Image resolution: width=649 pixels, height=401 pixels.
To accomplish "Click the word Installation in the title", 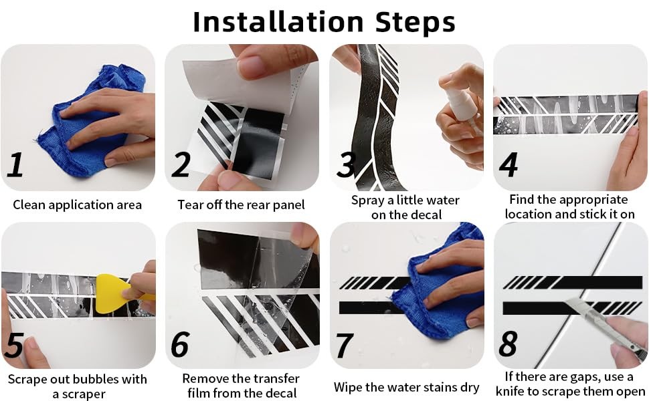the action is (278, 22).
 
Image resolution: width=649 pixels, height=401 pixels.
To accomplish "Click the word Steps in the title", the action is (415, 23).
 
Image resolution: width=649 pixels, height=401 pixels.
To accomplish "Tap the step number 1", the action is (15, 164).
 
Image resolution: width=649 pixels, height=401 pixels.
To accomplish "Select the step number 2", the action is (181, 164).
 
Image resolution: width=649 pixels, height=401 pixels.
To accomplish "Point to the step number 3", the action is (346, 164).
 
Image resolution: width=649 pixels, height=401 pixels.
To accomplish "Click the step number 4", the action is (508, 164).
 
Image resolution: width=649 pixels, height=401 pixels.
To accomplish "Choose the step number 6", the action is (180, 344).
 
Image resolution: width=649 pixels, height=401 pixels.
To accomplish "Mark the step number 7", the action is (345, 345).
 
